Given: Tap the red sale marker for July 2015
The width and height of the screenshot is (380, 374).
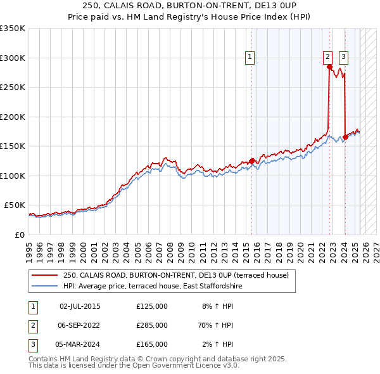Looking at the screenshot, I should [x=252, y=161].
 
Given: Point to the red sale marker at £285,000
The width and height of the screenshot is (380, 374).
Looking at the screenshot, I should [x=329, y=67].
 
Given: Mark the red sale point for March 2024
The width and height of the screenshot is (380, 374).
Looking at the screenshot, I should [x=345, y=137].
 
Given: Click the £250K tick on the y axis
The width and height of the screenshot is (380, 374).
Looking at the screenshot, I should [x=13, y=87].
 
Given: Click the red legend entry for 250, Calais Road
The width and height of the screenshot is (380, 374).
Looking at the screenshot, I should [x=176, y=275].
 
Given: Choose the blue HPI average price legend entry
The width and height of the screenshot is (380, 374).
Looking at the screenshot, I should [x=152, y=287].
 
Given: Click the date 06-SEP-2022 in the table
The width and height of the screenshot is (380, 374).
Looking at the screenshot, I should [x=80, y=325].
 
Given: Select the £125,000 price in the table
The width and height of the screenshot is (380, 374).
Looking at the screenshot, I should [x=152, y=306].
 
